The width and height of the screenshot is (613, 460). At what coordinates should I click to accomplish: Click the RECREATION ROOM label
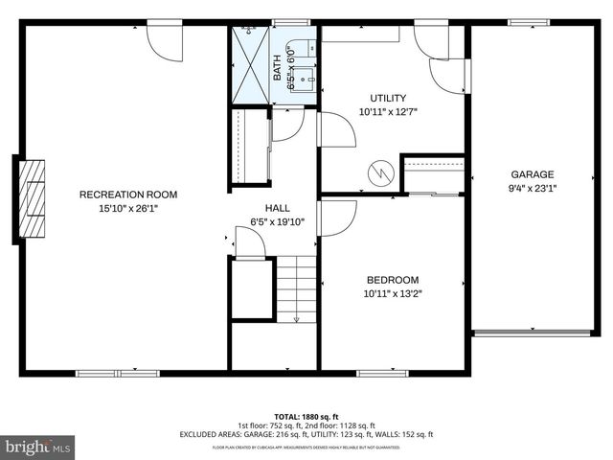(x=127, y=195)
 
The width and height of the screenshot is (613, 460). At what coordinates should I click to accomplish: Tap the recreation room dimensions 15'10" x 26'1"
(x=127, y=208)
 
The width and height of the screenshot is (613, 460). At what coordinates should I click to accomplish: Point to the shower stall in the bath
(x=252, y=63)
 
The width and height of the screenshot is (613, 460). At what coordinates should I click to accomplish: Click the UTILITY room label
(x=388, y=98)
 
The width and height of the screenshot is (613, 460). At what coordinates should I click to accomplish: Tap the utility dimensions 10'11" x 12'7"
(x=388, y=111)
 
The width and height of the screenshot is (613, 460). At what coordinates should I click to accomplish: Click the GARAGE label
(x=532, y=174)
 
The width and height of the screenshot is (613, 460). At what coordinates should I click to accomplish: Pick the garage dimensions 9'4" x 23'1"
(x=532, y=188)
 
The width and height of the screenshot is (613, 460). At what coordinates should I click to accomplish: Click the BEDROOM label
(x=392, y=280)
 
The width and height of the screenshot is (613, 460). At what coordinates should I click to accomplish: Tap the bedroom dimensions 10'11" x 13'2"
(x=392, y=293)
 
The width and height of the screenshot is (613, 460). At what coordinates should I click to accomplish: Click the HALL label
(x=278, y=207)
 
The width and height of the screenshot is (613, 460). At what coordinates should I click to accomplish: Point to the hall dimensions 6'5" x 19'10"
(x=278, y=220)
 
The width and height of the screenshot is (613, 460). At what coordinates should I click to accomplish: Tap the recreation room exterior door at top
(x=164, y=37)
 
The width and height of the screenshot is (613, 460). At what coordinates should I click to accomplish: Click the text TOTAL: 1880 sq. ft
(x=306, y=417)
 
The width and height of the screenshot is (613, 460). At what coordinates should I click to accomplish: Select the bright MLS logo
(x=37, y=447)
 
